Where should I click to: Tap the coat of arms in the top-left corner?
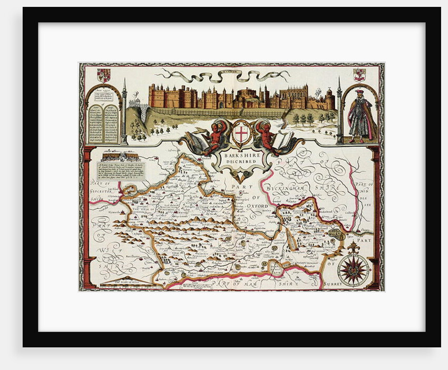104,75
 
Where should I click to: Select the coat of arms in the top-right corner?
360,74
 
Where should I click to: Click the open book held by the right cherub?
283,139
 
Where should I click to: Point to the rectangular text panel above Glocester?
120,171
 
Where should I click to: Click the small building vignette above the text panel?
120,156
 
